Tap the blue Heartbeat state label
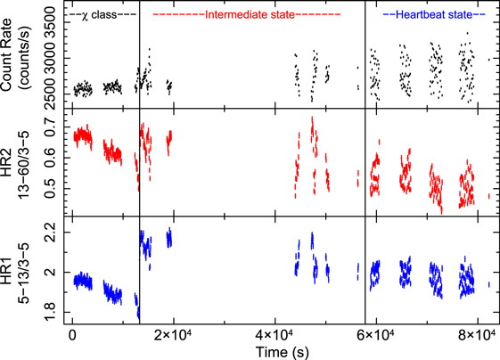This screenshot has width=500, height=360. (433, 15)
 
